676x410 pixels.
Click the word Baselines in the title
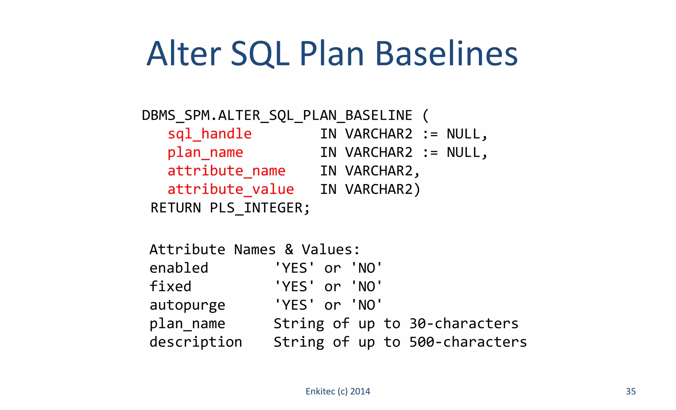[446, 54]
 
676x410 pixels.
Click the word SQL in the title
[260, 54]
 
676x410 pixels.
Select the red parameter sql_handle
[210, 134]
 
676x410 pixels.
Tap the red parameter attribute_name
[226, 171]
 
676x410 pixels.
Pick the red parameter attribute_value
[231, 189]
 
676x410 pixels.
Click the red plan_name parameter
[205, 152]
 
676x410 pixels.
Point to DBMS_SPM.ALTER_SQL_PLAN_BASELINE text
[277, 115]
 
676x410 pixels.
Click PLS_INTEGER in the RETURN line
[256, 208]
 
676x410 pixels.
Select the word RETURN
[176, 208]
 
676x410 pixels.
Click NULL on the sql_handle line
[463, 134]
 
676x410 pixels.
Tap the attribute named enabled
[179, 268]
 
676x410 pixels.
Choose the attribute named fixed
[170, 286]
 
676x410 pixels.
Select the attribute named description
[196, 342]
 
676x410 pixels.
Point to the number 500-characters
[468, 342]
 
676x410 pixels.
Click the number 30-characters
[464, 324]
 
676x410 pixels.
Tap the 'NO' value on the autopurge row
[366, 305]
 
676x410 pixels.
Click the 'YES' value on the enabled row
[294, 268]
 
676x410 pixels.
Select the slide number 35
[630, 391]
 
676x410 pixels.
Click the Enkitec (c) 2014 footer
[338, 391]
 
